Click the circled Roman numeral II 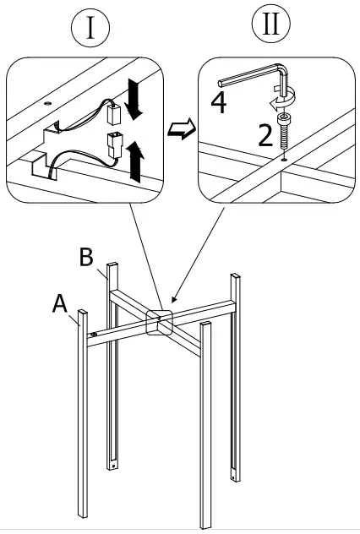coord(270,25)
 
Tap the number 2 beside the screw coord(265,134)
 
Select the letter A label coord(60,302)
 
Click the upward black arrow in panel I coord(134,159)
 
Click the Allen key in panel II coord(254,80)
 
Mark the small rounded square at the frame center coord(158,322)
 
